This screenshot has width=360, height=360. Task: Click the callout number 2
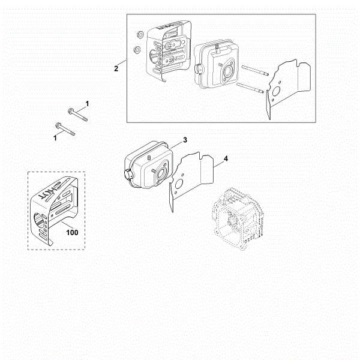[116, 68]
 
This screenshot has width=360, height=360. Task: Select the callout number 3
[185, 140]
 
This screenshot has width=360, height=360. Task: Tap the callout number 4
[226, 158]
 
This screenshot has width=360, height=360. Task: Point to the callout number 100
[72, 233]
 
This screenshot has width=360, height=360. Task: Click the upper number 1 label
[87, 104]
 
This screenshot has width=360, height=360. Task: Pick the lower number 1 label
[55, 138]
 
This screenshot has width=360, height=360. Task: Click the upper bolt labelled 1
[78, 115]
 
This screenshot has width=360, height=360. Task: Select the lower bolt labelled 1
[65, 129]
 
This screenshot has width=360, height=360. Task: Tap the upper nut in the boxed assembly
[139, 35]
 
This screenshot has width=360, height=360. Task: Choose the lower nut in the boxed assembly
[137, 49]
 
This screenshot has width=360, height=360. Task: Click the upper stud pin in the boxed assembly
[255, 70]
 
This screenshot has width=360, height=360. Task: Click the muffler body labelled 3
[149, 166]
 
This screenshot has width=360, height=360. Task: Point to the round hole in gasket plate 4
[178, 184]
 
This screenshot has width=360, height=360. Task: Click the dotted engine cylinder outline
[238, 218]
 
